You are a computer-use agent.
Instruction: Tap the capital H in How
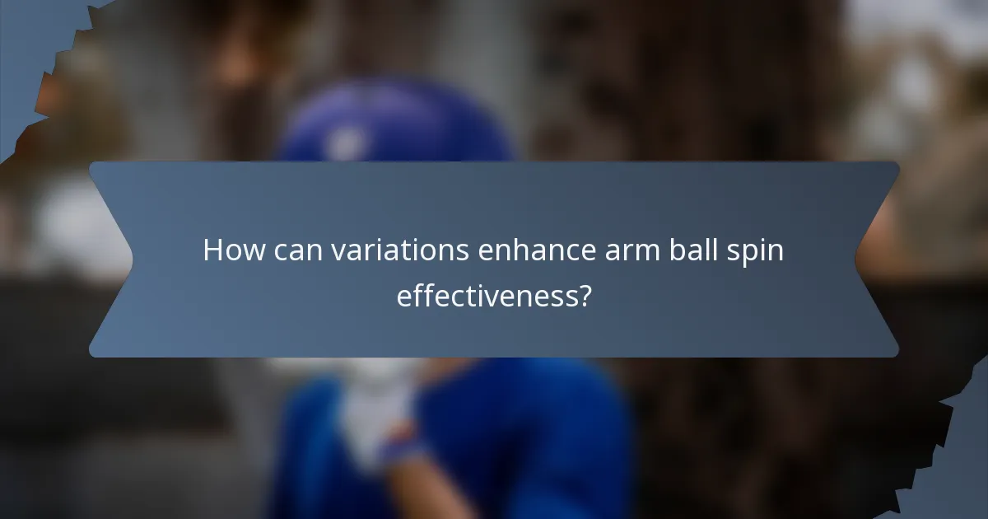pyautogui.click(x=213, y=250)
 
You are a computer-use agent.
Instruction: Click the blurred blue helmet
pyautogui.click(x=395, y=124)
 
